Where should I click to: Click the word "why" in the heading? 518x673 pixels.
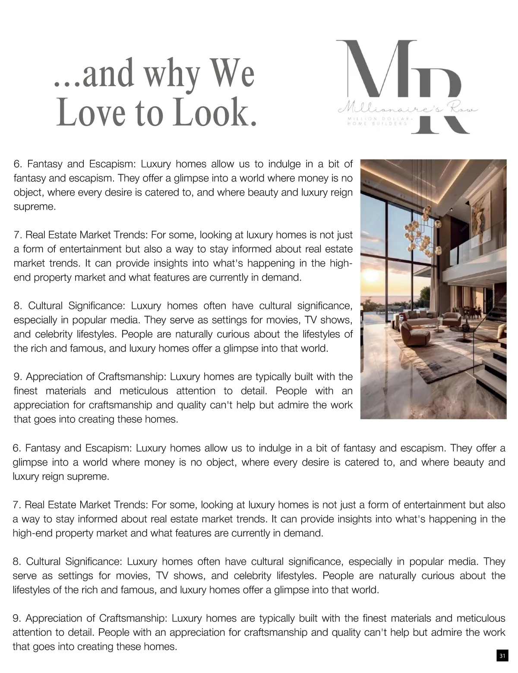tap(172, 74)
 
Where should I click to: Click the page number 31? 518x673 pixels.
tap(502, 656)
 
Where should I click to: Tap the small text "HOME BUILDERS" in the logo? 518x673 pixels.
tap(378, 124)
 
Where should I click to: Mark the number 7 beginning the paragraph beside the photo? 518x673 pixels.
tap(17, 235)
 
